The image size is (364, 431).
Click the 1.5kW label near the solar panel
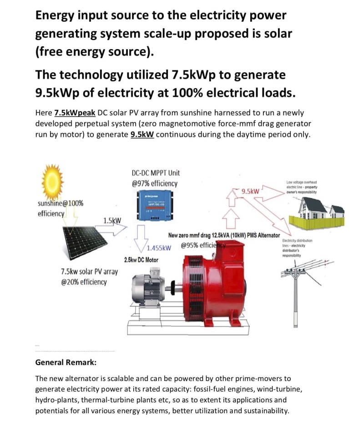[x=112, y=221]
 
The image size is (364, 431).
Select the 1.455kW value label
[x=159, y=248]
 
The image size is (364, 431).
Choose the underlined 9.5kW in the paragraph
[x=142, y=135]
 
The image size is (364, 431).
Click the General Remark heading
[x=66, y=363]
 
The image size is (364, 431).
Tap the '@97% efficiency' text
[x=154, y=184]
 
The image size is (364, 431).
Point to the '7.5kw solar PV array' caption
[x=89, y=272]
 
